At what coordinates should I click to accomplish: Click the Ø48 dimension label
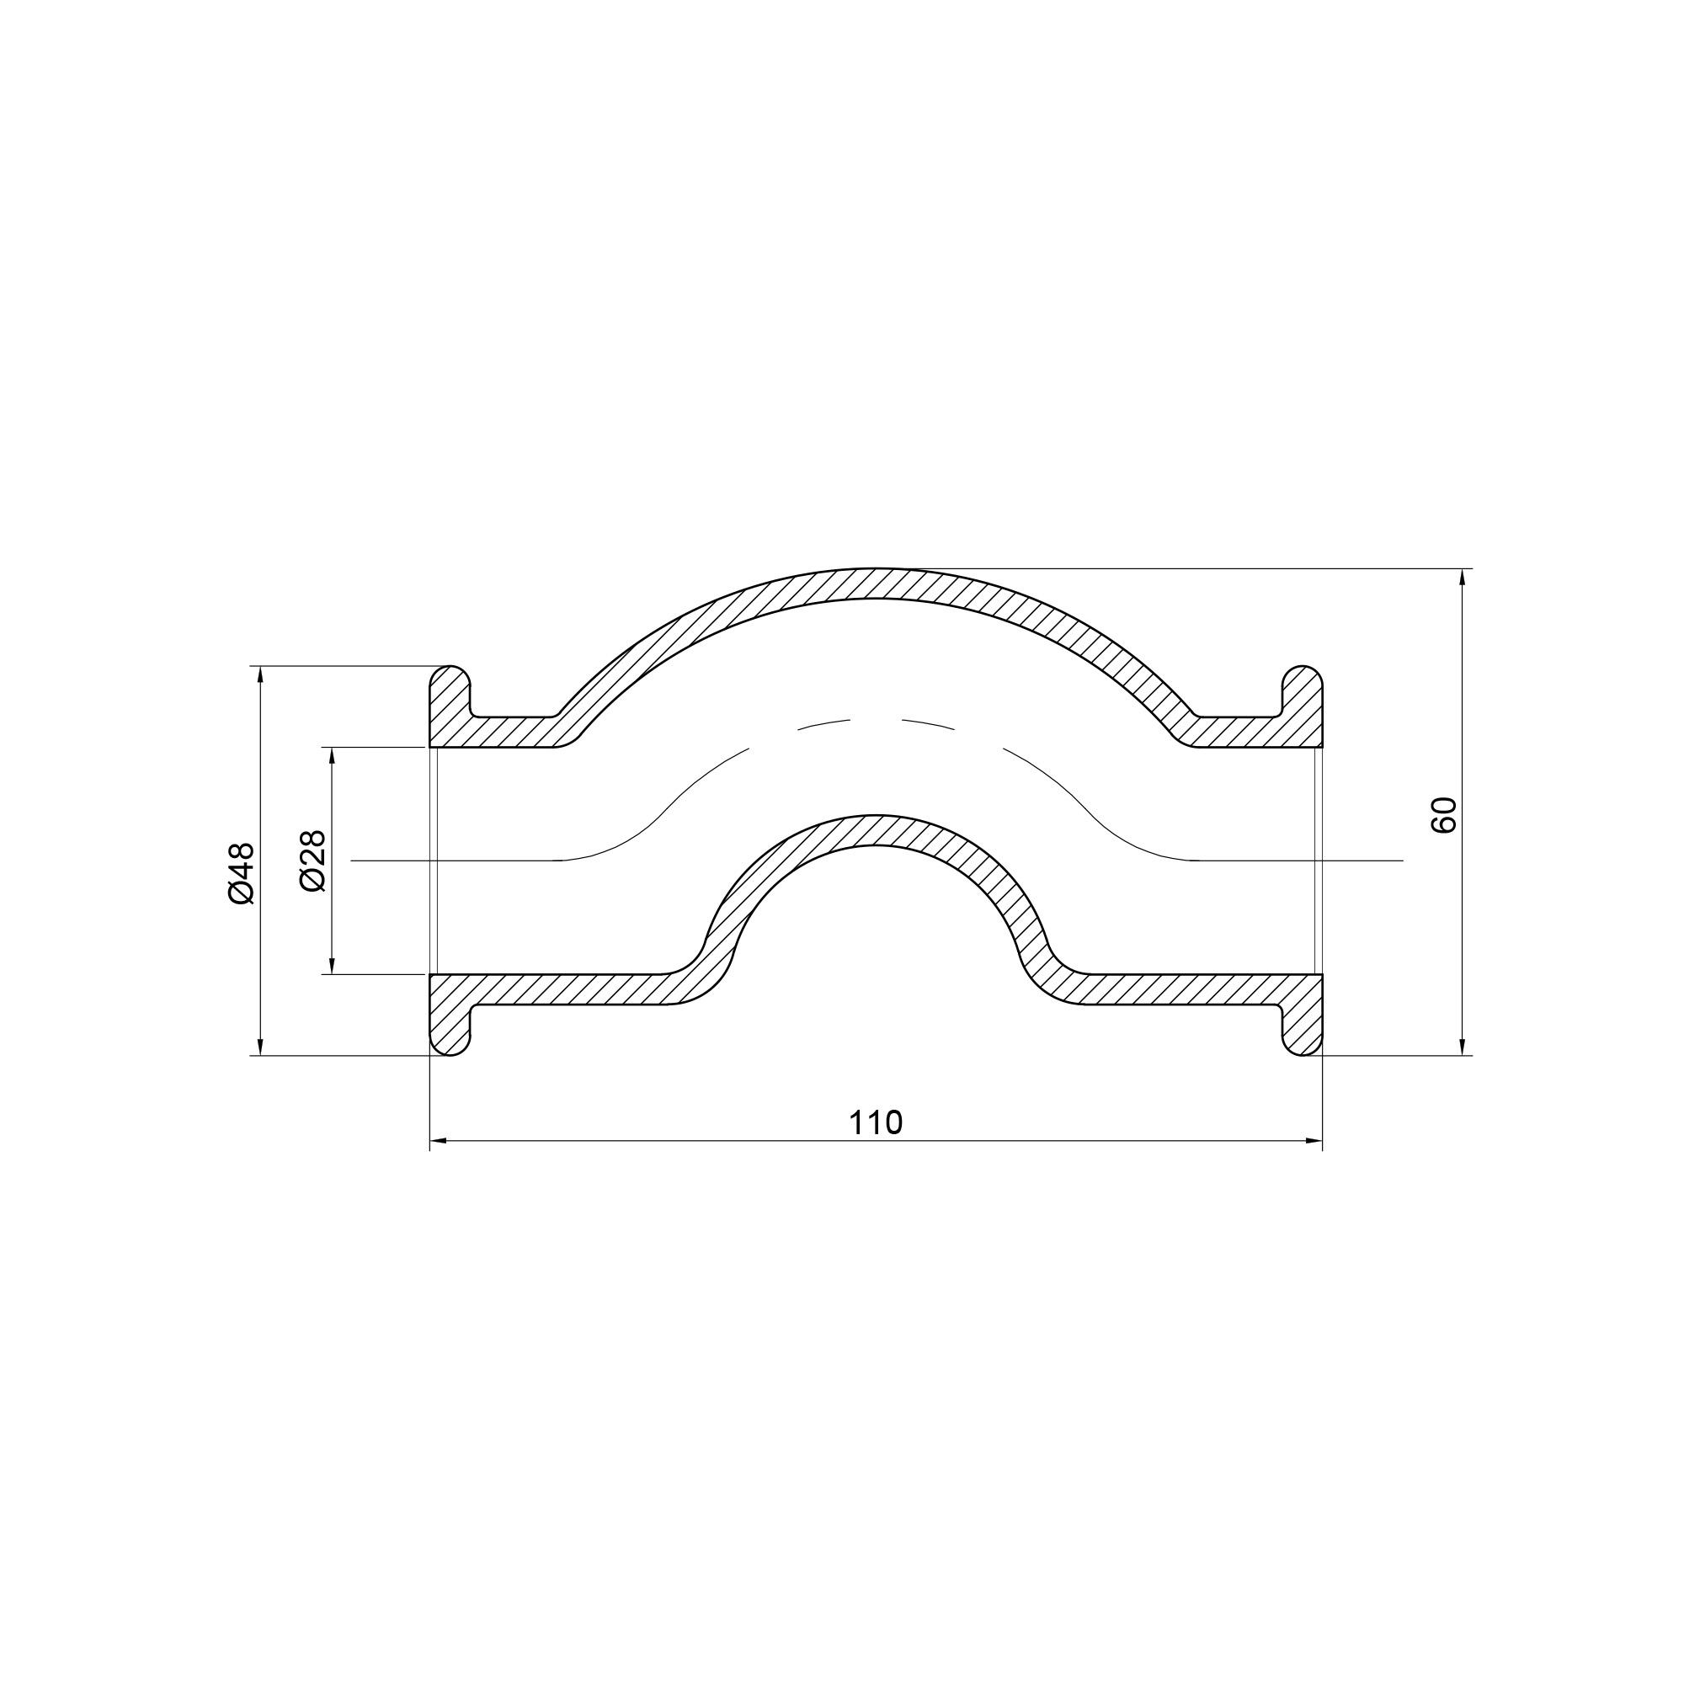coord(242,872)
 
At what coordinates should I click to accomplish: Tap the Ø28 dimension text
coord(312,861)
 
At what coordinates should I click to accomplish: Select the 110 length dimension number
coord(876,1122)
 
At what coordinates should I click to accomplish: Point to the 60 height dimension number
coord(1443,815)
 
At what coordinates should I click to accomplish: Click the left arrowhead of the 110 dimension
coord(440,1139)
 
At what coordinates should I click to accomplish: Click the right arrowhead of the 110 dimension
coord(1313,1139)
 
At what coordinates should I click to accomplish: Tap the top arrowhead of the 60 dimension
coord(1462,579)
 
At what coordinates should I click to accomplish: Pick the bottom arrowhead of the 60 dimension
coord(1462,1045)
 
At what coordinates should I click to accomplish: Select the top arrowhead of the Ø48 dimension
coord(262,676)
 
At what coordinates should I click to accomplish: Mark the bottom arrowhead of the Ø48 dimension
coord(262,1045)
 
